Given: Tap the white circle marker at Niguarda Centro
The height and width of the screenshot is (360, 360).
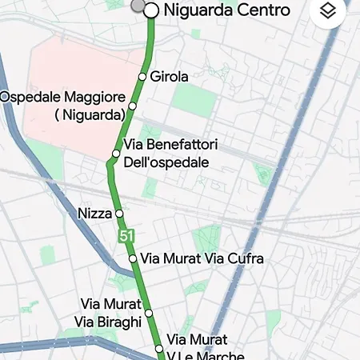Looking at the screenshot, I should (150, 10).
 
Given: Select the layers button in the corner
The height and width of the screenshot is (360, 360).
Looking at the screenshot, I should (326, 11).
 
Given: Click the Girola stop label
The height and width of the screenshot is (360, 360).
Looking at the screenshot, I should (169, 77).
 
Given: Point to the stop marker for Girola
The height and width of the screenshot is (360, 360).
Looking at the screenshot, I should (142, 77).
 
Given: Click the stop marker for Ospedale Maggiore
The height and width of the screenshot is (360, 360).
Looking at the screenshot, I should (132, 106).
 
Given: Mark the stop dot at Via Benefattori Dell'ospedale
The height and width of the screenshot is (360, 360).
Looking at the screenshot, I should (116, 154).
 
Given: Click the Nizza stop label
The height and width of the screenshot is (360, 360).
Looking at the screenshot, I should (95, 214).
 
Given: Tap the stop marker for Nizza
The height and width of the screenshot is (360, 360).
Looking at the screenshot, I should (118, 214).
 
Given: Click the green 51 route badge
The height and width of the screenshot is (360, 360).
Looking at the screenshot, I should (126, 236).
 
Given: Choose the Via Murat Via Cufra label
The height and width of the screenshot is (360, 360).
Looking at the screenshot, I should (202, 259).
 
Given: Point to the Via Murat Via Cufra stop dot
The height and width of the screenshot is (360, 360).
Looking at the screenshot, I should (133, 259).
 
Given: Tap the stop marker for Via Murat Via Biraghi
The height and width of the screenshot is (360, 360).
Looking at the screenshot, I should (148, 313).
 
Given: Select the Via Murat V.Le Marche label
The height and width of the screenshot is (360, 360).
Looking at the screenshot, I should (205, 348).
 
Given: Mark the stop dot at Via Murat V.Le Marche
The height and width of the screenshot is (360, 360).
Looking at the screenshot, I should (158, 348).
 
